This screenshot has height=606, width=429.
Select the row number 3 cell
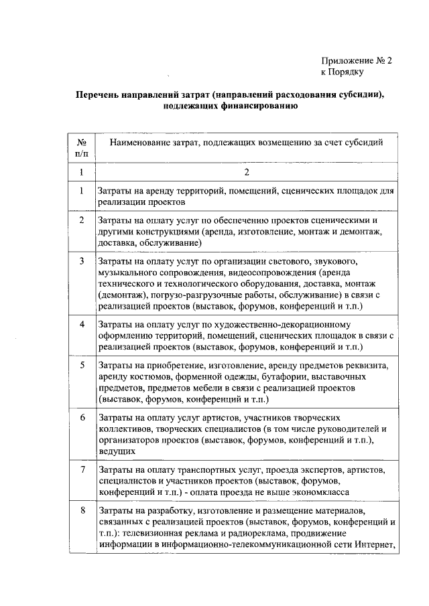81,260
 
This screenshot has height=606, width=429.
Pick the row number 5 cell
81,366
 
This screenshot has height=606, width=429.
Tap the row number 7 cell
81,470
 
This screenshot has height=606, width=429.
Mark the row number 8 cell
81,511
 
